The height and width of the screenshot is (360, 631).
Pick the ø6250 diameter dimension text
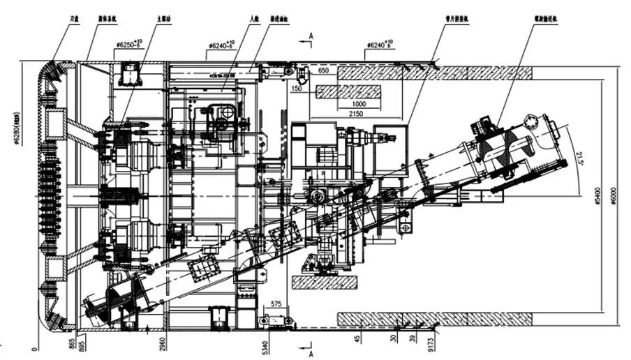[x=129, y=46]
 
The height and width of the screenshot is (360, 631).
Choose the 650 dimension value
[x=323, y=72]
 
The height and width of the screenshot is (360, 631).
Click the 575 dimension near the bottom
[x=276, y=304]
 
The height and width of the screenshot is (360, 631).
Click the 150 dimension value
[x=298, y=89]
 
